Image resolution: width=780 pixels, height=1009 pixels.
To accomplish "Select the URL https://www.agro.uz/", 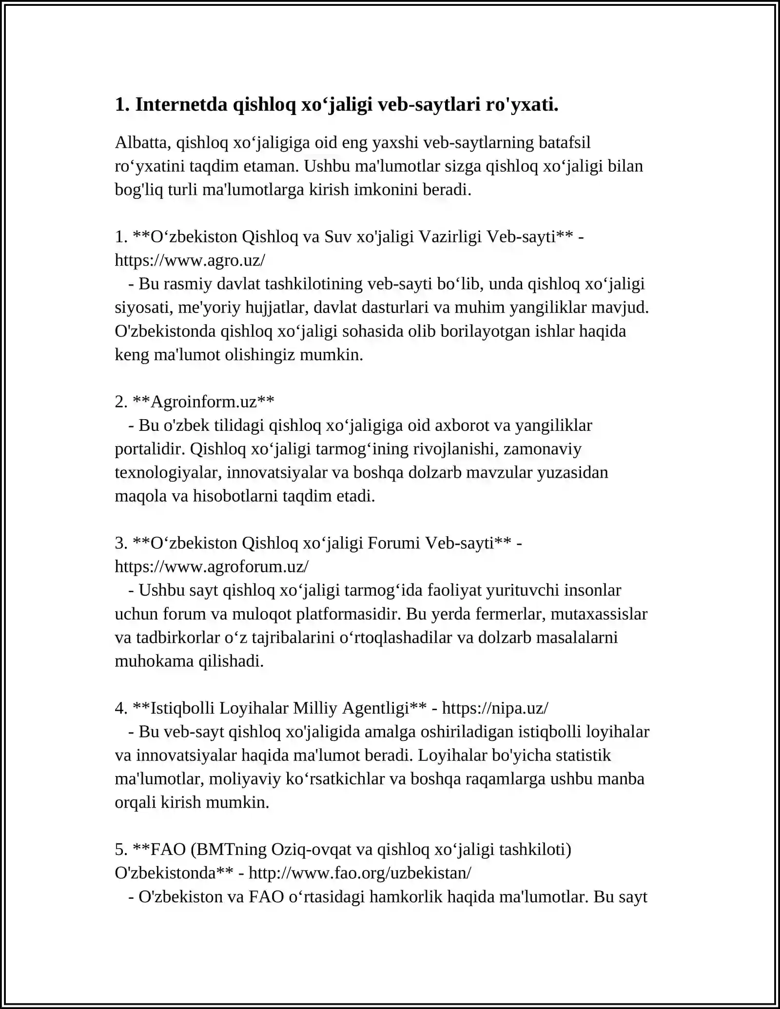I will pyautogui.click(x=190, y=260).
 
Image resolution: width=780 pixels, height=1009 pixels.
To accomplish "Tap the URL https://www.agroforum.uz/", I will pyautogui.click(x=212, y=566).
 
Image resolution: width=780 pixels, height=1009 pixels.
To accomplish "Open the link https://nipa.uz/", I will pyautogui.click(x=495, y=708).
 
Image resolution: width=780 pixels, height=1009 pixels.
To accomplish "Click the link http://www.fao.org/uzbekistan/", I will pyautogui.click(x=360, y=873).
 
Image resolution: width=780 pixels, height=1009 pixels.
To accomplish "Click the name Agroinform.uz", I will pyautogui.click(x=204, y=402).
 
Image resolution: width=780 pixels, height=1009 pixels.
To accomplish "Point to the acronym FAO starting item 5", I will pyautogui.click(x=168, y=849).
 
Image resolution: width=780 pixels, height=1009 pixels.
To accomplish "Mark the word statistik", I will pyautogui.click(x=583, y=755).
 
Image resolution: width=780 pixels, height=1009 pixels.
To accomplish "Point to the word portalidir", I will pyautogui.click(x=150, y=448).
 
